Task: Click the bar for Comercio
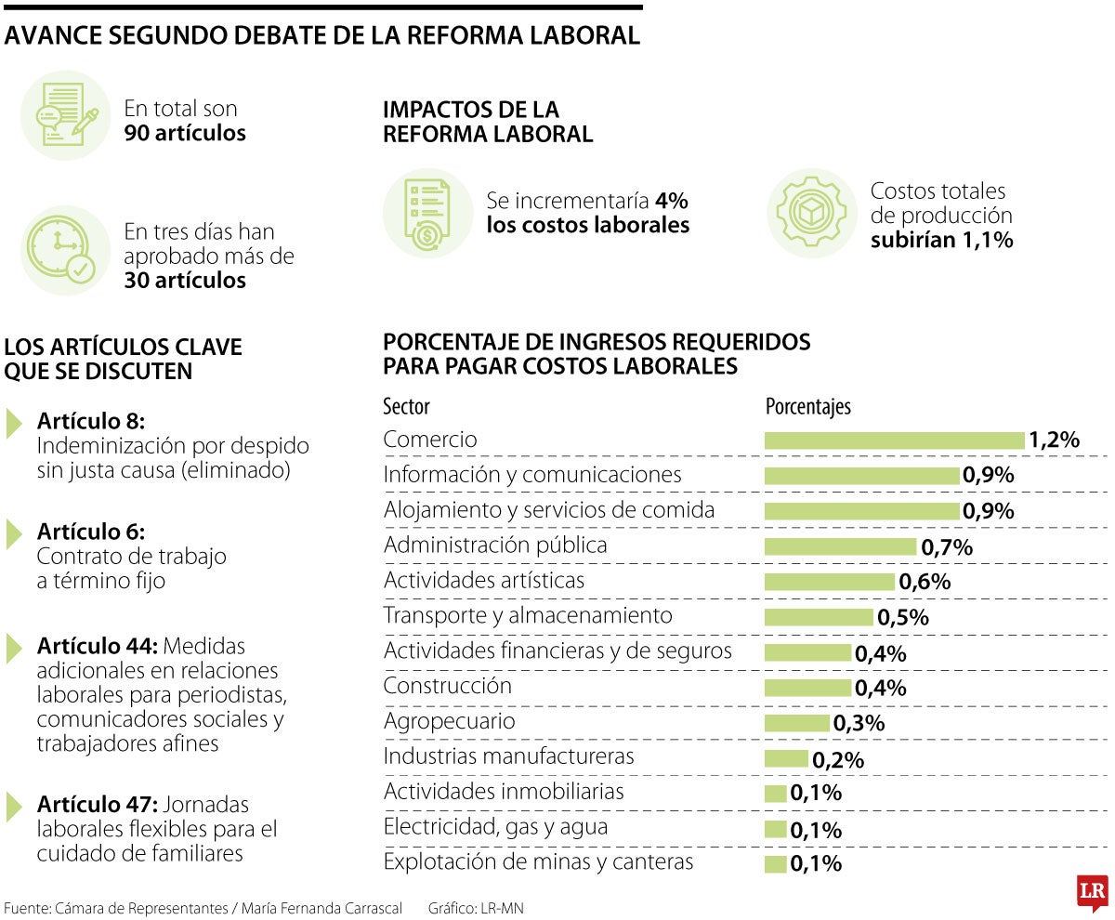coord(894,440)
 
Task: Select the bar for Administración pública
coord(840,547)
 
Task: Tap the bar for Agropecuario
coord(797,723)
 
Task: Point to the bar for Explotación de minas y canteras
coord(776,864)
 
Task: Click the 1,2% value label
coord(1054,440)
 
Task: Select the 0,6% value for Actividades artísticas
coord(925,583)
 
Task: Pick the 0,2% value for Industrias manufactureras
coord(838,759)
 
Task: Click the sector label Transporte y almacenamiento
coord(528,615)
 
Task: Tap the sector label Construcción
coord(448,686)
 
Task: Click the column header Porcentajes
coord(807,407)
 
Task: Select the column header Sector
coord(407,407)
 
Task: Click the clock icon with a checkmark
coord(65,251)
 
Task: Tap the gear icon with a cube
coord(811,213)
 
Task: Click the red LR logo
coord(1092,893)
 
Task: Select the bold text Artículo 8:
coord(91,421)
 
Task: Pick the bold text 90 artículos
coord(185,133)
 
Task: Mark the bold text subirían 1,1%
coord(941,240)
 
